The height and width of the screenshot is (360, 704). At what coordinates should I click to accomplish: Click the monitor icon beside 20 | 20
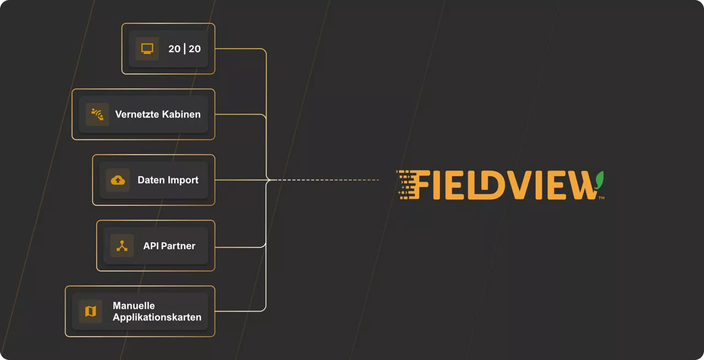[147, 49]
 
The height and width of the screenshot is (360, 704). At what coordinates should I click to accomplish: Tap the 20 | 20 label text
[184, 49]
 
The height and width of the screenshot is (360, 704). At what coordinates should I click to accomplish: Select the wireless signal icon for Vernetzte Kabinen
[97, 114]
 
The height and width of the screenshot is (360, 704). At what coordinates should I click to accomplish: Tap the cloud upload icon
[118, 180]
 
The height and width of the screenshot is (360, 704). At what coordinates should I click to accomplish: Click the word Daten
[151, 180]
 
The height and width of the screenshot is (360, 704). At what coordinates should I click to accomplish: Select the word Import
[183, 180]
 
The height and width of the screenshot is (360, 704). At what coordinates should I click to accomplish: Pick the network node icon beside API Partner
[122, 246]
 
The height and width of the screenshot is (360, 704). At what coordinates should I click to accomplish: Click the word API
[151, 246]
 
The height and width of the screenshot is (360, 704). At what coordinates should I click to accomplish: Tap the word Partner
[178, 246]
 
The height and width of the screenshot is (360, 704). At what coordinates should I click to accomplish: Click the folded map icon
[91, 311]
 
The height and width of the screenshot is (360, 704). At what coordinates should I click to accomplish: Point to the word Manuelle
[134, 306]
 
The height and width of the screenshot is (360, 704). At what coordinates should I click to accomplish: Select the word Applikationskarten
[157, 317]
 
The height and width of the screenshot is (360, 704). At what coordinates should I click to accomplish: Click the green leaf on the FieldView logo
[599, 180]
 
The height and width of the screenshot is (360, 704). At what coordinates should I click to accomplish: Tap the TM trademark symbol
[602, 198]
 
